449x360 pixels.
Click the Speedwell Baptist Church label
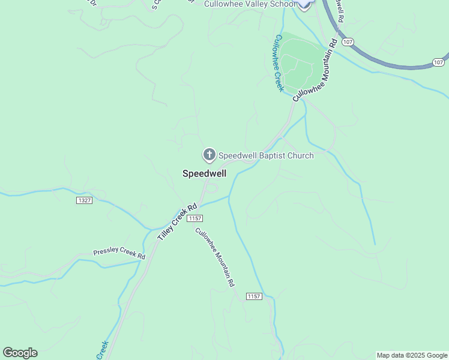tap(265, 155)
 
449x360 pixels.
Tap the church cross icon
tap(209, 155)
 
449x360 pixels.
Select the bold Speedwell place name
tap(204, 173)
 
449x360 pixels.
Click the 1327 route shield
tap(85, 200)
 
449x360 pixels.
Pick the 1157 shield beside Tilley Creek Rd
tap(194, 218)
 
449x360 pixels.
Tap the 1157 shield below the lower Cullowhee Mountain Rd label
tap(254, 296)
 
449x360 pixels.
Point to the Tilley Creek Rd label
tap(177, 223)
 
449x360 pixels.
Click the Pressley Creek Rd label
tap(119, 254)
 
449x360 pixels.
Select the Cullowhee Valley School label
tap(250, 4)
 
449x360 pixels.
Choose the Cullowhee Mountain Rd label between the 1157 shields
tap(214, 257)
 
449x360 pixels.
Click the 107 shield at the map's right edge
tap(439, 62)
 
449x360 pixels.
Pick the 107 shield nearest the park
tap(348, 43)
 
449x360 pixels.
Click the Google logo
tap(20, 353)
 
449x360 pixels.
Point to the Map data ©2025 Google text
tap(412, 355)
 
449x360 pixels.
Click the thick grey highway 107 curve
tap(384, 62)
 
